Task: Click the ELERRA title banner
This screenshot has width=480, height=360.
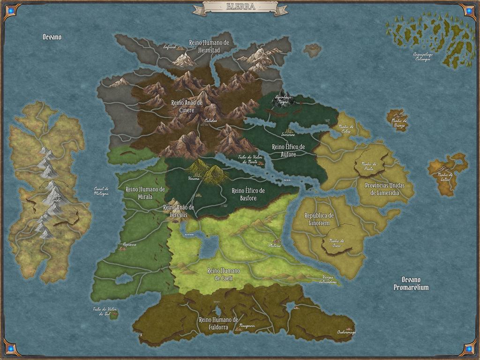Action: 240,7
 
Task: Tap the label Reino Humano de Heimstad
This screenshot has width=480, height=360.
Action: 209,45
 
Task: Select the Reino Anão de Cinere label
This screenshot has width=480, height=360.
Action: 187,105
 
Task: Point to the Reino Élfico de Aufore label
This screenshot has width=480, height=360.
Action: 288,150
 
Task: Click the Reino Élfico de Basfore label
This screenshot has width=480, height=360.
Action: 248,194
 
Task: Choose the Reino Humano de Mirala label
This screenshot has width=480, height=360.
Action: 145,193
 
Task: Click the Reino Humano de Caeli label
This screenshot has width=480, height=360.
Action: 224,274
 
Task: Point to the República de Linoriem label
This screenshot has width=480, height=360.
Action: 319,218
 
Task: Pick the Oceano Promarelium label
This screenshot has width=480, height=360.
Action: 411,284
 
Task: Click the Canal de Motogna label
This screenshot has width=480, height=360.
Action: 101,191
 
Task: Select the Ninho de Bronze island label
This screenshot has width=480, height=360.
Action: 399,123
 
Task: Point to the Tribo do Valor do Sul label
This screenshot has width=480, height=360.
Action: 104,311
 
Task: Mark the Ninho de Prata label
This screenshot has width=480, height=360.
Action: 369,165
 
